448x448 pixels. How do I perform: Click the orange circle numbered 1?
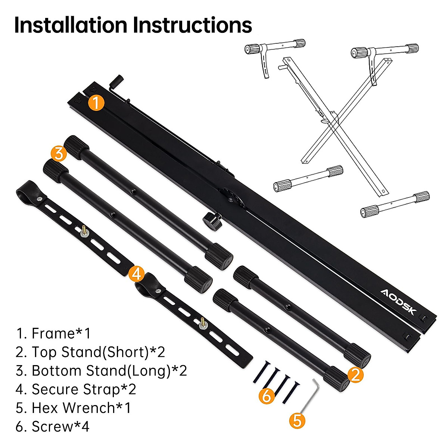[x=96, y=102]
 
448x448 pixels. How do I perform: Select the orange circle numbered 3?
[x=59, y=153]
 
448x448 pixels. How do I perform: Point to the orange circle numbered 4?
[x=136, y=274]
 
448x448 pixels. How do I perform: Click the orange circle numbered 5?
[x=297, y=420]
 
